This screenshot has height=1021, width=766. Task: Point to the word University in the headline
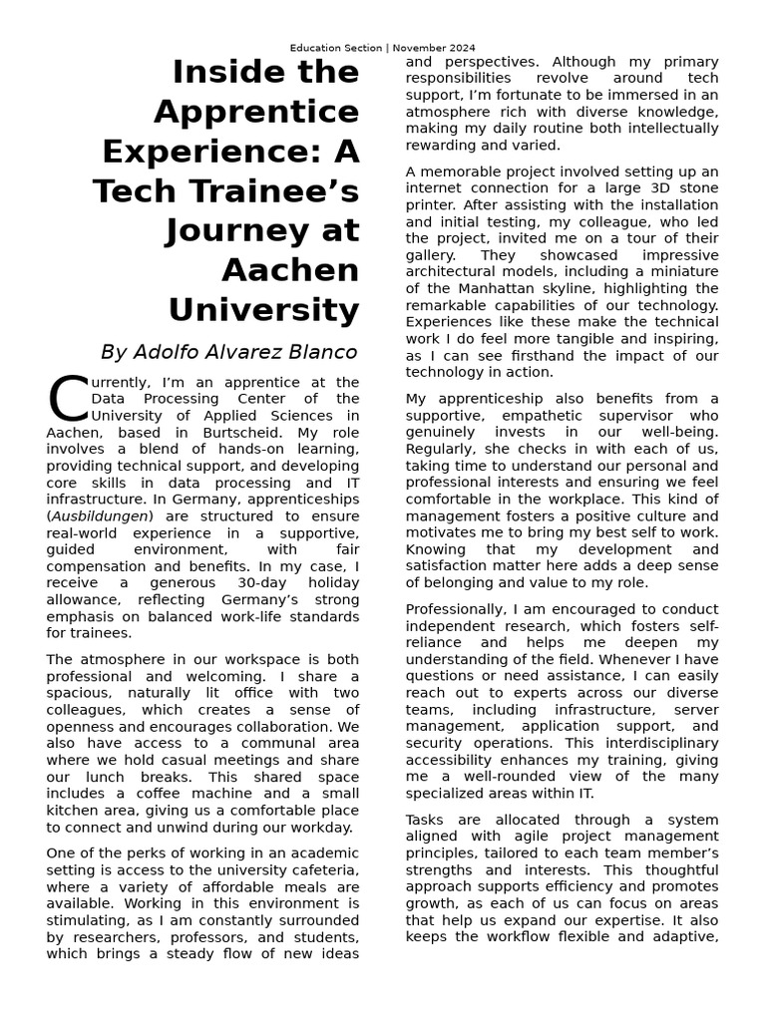[x=263, y=309]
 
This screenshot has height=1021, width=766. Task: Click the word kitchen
[x=73, y=811]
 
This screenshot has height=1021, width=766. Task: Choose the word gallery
[x=432, y=255]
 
